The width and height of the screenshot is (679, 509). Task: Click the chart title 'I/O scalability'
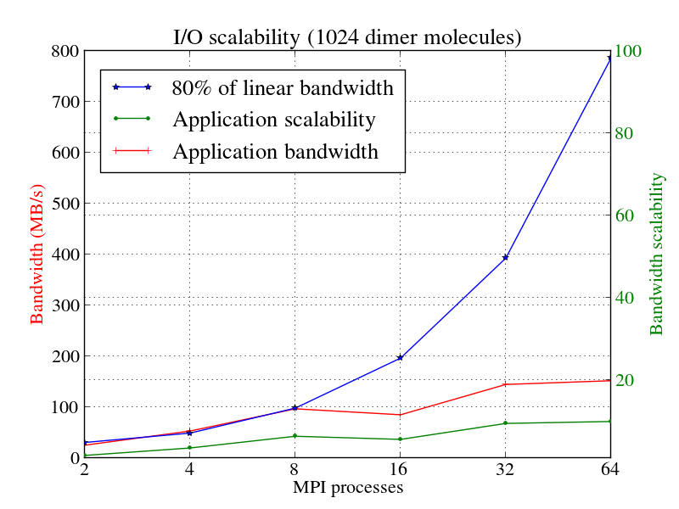point(347,37)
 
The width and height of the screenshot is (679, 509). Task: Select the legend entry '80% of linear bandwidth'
point(283,87)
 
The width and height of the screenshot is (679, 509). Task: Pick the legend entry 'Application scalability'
point(273,120)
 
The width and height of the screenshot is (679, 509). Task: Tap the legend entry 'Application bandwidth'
point(275,152)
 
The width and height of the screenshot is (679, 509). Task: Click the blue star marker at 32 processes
point(505,257)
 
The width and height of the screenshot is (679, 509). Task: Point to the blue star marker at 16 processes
point(400,358)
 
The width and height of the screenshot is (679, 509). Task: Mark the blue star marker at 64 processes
point(609,58)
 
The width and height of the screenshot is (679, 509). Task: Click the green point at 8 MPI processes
point(295,436)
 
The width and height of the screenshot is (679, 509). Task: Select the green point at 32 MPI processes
point(505,423)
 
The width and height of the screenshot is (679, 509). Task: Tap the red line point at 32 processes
point(505,384)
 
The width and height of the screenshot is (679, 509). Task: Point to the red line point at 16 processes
point(400,415)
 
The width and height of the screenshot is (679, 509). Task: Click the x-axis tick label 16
point(400,472)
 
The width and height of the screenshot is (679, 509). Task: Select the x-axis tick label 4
point(189,472)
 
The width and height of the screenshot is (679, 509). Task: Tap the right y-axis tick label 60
point(625,215)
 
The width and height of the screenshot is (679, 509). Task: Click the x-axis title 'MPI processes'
point(347,488)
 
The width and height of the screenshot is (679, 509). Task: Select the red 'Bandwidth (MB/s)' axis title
point(37,255)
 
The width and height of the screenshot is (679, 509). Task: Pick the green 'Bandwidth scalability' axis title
point(657,255)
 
